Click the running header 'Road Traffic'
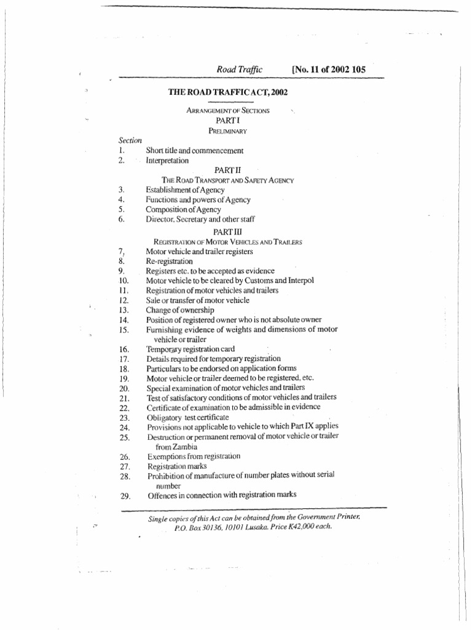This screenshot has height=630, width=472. [x=239, y=70]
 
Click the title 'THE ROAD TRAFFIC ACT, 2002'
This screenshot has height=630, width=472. [x=228, y=92]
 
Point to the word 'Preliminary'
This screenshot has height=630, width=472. [x=227, y=130]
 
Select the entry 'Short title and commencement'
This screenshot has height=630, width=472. [x=195, y=150]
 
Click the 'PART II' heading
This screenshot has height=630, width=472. [x=227, y=169]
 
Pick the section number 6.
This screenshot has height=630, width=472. [x=122, y=219]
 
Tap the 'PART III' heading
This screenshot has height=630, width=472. [x=227, y=230]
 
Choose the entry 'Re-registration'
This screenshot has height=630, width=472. [x=169, y=261]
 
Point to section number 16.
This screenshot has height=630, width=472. [x=124, y=349]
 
